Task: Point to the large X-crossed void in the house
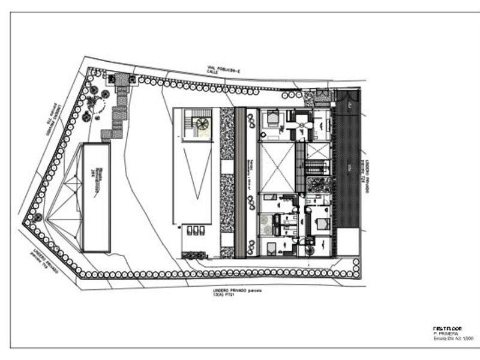(x=277, y=167)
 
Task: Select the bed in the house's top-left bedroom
(x=271, y=118)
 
